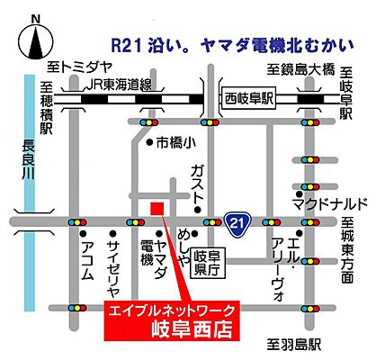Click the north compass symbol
[x=35, y=37]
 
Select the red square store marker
[x=157, y=209]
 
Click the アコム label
[x=86, y=261]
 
